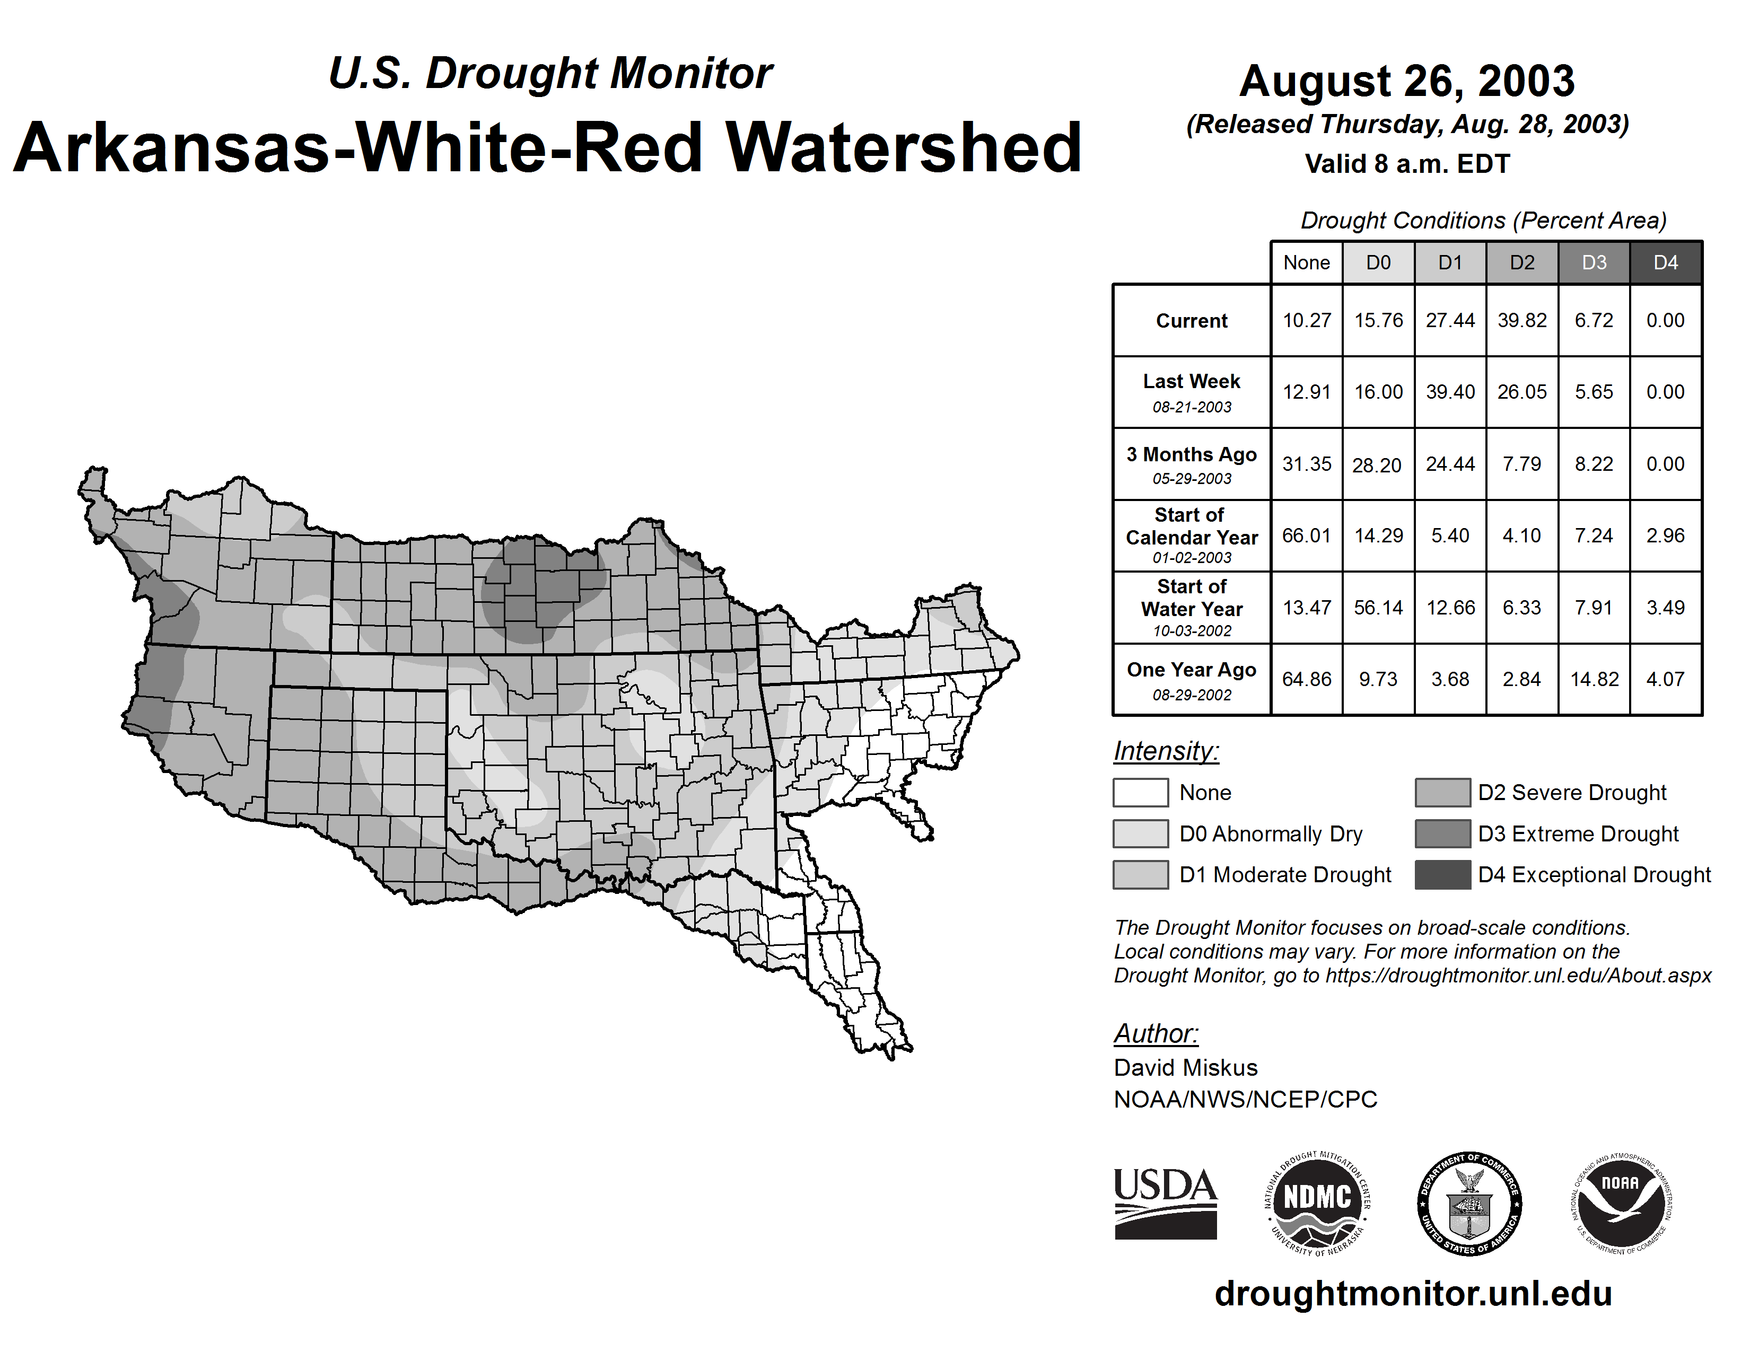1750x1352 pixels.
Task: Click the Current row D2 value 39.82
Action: pos(1521,320)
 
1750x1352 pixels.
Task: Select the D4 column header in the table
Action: pos(1665,262)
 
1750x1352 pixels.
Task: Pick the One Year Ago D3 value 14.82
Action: pos(1594,679)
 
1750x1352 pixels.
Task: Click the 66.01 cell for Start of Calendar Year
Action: pos(1306,535)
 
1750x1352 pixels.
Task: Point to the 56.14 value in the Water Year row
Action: pos(1378,607)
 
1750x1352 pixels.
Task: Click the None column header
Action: pos(1306,262)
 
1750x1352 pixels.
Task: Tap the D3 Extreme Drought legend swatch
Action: pos(1442,833)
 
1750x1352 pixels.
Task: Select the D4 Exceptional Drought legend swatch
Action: pos(1442,875)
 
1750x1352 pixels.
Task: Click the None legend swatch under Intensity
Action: pos(1140,792)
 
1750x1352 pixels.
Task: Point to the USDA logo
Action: pos(1165,1203)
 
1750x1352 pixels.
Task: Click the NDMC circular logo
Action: pos(1317,1203)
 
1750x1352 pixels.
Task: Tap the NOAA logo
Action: pos(1621,1203)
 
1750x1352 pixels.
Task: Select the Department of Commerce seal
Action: pos(1469,1203)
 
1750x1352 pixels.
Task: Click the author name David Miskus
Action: pos(1185,1068)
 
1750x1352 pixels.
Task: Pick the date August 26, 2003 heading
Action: pos(1406,81)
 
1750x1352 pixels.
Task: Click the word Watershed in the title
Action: pos(904,147)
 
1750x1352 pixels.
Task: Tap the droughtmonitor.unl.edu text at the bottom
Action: pos(1413,1294)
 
